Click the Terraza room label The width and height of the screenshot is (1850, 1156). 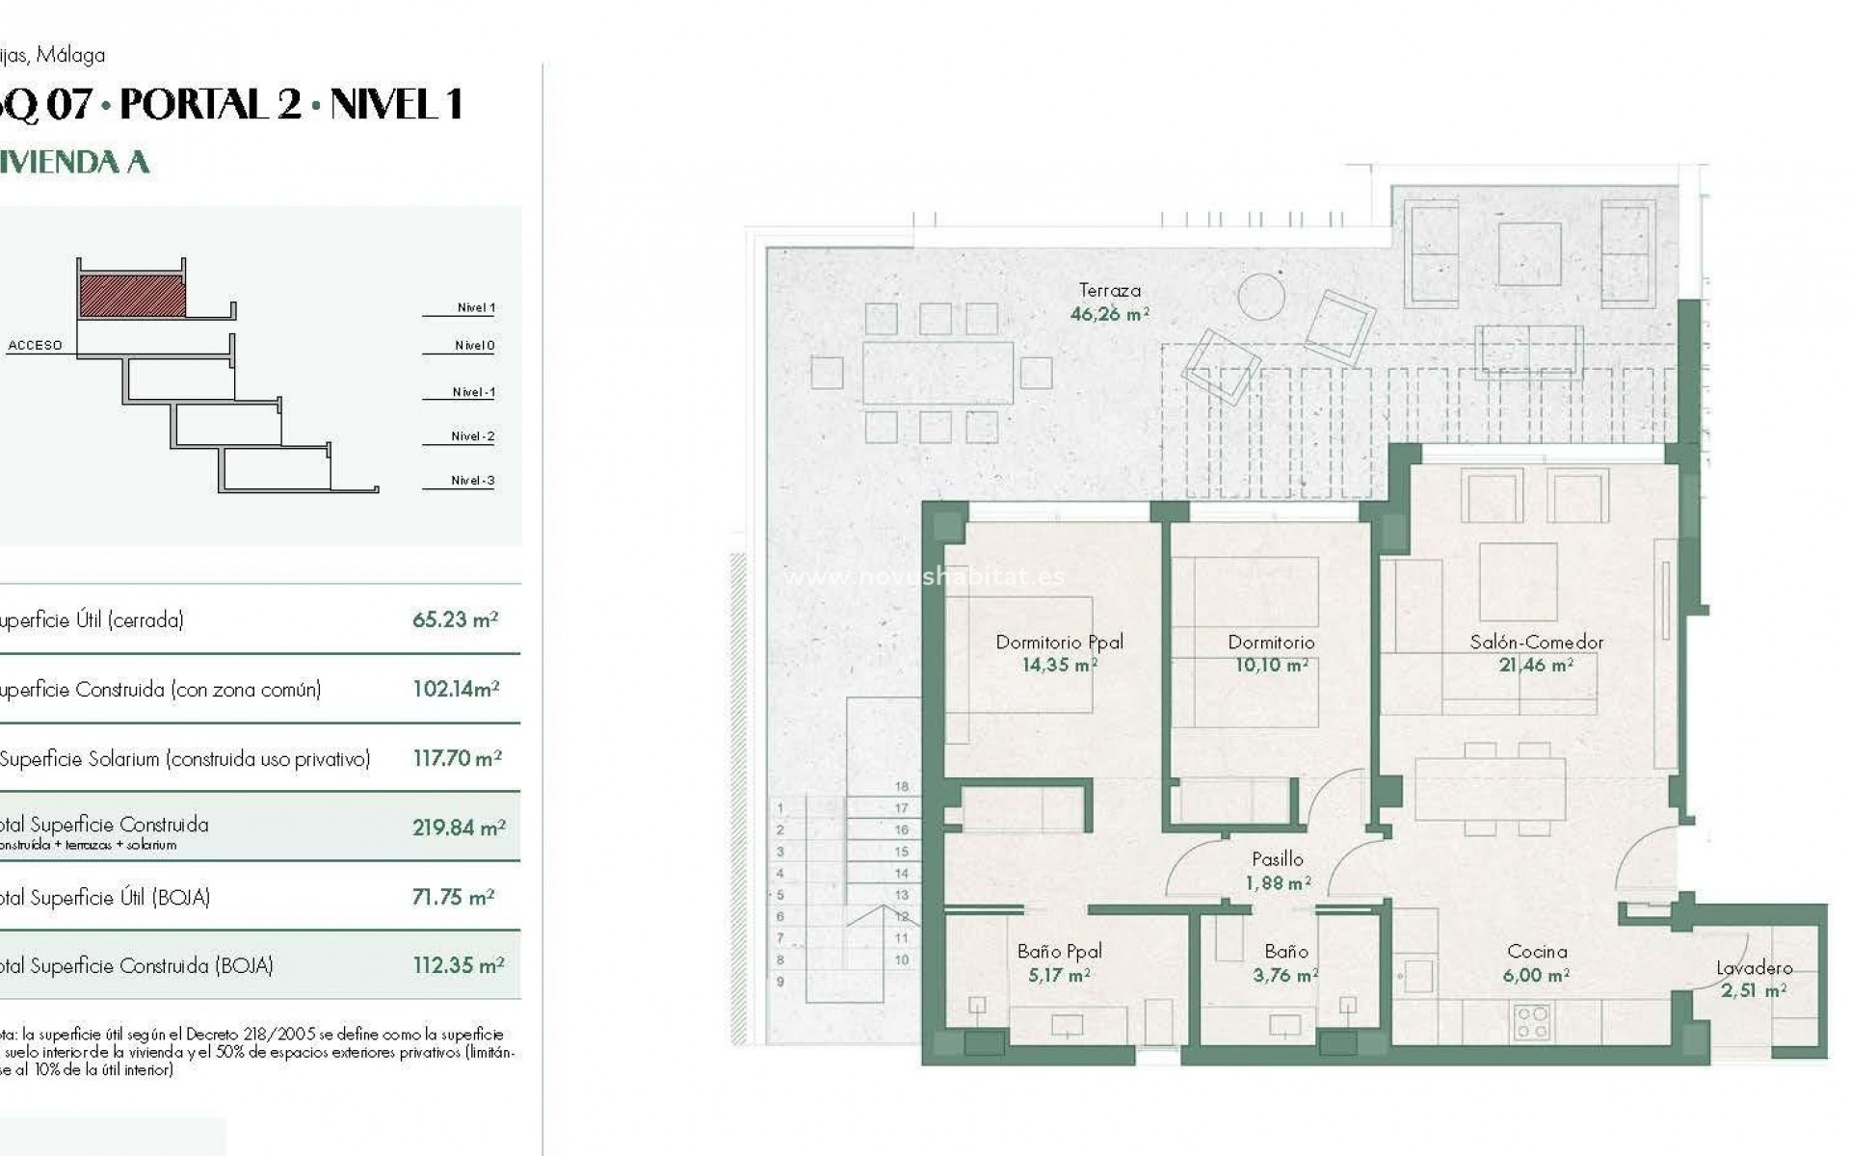click(1109, 290)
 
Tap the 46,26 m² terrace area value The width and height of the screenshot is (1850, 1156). click(1109, 314)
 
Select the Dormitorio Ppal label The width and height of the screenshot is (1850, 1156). click(1059, 642)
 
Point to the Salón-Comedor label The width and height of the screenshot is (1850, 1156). click(1536, 642)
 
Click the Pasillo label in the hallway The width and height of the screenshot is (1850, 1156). click(1277, 858)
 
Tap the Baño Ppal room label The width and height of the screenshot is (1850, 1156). click(1059, 951)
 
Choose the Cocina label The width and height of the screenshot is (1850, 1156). click(1536, 951)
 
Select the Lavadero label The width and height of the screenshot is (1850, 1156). click(1754, 968)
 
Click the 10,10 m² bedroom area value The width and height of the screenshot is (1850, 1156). click(1271, 666)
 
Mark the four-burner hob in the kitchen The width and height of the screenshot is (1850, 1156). click(1531, 1021)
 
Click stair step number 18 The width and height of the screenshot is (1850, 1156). click(902, 787)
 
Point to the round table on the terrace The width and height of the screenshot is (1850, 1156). click(1261, 297)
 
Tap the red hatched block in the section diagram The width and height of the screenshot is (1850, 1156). click(132, 296)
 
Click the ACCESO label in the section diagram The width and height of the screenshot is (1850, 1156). click(35, 345)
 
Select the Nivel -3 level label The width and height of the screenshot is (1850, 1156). click(472, 481)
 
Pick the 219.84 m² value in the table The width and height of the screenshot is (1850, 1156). click(459, 828)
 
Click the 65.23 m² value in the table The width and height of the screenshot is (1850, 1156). click(455, 619)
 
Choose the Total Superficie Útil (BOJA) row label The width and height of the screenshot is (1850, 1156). click(104, 897)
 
